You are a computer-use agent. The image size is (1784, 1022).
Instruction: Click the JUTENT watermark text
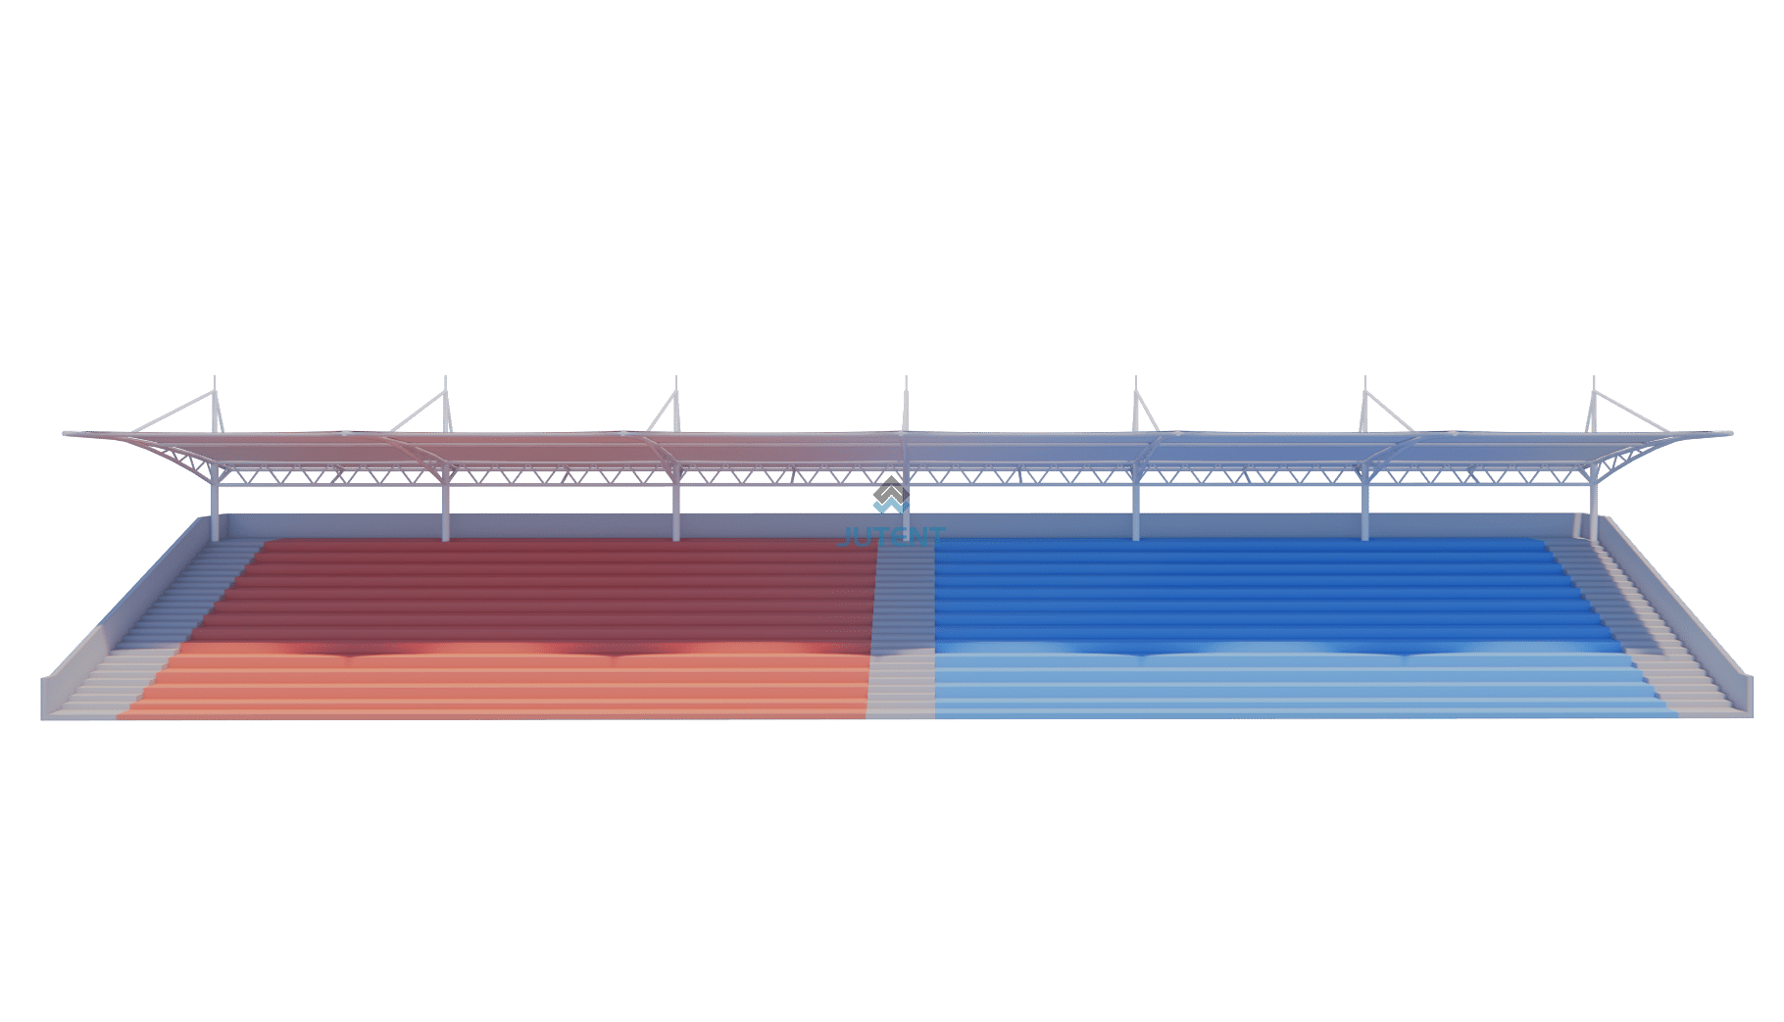click(x=893, y=536)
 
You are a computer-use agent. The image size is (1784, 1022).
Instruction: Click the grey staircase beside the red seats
click(x=157, y=627)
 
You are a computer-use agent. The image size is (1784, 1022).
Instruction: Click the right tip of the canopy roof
click(x=1727, y=433)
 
